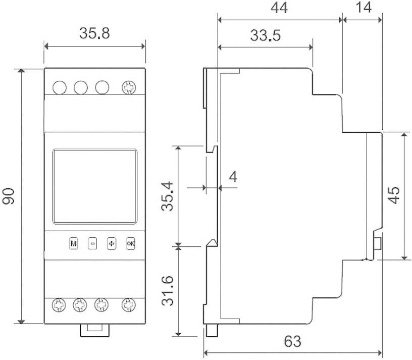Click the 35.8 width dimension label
[94, 34]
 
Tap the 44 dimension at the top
[279, 8]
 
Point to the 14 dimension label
[362, 8]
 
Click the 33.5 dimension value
[265, 36]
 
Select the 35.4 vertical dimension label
[169, 195]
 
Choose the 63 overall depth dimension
[292, 341]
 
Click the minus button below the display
[92, 243]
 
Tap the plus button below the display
[112, 243]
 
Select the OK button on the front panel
[131, 243]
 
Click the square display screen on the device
[95, 186]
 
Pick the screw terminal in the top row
[129, 87]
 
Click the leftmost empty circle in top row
[60, 87]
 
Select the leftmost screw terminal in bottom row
[60, 305]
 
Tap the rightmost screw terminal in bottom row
[129, 305]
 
